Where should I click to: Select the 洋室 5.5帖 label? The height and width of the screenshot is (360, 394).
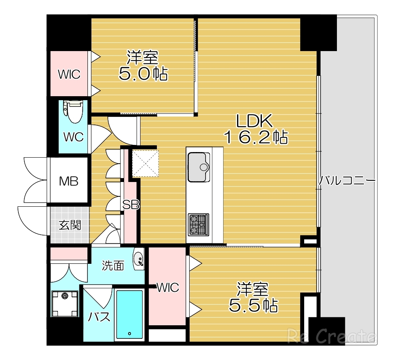pos(253,297)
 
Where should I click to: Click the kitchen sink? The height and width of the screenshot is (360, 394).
pos(198,166)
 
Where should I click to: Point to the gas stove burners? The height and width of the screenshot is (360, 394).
pos(198,224)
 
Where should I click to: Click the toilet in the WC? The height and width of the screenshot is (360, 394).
pos(73,112)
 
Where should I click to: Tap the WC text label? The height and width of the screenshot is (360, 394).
pos(73,137)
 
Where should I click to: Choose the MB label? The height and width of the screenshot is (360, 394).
pos(69,181)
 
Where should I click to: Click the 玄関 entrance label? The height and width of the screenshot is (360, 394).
pos(70,225)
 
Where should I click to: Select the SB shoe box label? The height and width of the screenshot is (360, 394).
pos(131,205)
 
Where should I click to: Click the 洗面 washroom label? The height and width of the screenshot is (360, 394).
pos(113,265)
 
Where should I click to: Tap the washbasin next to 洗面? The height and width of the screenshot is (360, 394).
pos(139,259)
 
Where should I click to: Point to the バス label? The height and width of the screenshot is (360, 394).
pos(99,317)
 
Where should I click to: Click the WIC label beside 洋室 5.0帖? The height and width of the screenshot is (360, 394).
pos(69,74)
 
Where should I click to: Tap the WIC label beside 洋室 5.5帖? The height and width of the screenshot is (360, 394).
pos(168,287)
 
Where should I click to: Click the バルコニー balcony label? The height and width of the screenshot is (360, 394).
pos(346,181)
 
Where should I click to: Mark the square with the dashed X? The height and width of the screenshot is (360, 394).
pos(145,163)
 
